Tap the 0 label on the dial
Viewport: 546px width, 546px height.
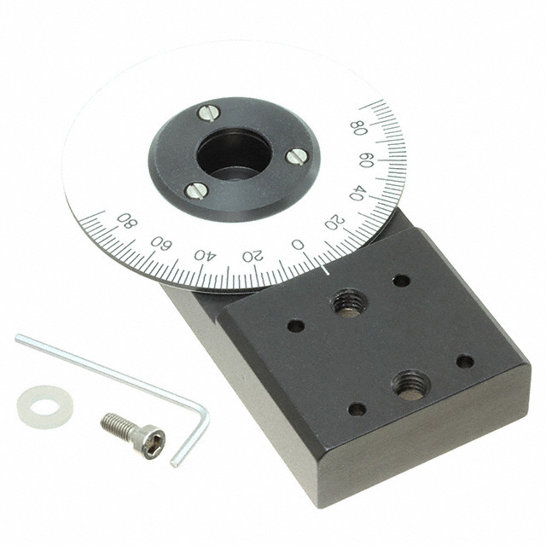(298, 245)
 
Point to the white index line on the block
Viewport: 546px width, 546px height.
(326, 270)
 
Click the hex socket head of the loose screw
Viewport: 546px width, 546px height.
(150, 442)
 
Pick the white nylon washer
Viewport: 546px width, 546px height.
(45, 407)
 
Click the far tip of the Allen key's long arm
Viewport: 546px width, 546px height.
(18, 337)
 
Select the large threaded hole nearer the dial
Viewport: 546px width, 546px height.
(350, 303)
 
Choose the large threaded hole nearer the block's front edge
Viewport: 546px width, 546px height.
(411, 385)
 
